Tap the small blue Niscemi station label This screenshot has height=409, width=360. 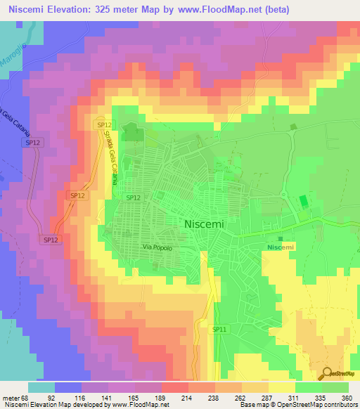281,247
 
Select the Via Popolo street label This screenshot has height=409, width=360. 157,247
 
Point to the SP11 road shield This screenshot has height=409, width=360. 219,328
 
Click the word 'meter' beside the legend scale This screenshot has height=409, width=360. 9,397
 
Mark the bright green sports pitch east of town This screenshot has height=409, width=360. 304,202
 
